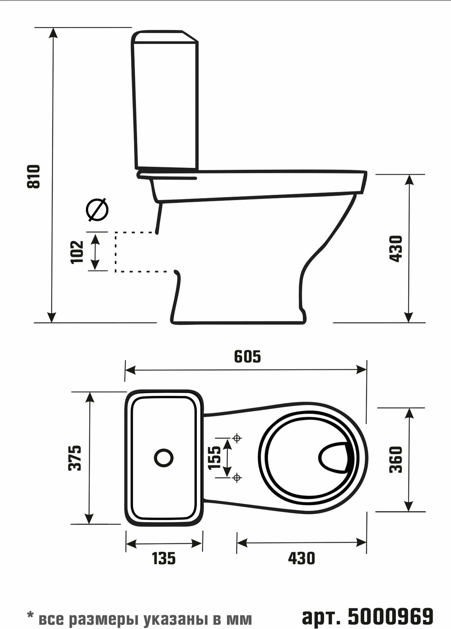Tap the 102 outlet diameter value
(77, 252)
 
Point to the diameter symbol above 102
(98, 210)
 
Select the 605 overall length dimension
(247, 357)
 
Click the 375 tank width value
(75, 458)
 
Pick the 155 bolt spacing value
(215, 458)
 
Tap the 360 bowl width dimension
(396, 459)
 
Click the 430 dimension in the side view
(396, 248)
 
